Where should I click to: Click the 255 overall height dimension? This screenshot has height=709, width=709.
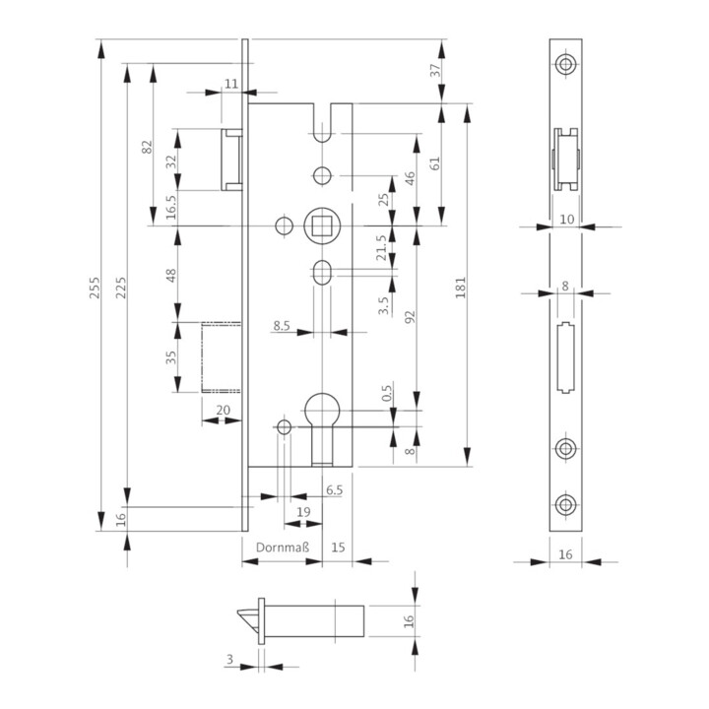click(x=94, y=285)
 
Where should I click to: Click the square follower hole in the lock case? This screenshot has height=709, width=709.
click(x=322, y=226)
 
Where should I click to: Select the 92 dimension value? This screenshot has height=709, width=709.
click(x=410, y=316)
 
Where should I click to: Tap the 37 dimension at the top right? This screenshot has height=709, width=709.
click(x=435, y=70)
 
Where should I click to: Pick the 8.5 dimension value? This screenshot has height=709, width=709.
click(x=281, y=324)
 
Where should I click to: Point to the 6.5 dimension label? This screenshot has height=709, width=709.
click(x=334, y=489)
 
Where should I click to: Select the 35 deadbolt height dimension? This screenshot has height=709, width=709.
click(x=170, y=356)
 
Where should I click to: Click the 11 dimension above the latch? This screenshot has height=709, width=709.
click(x=231, y=84)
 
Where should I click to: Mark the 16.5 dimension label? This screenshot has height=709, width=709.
click(x=170, y=209)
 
